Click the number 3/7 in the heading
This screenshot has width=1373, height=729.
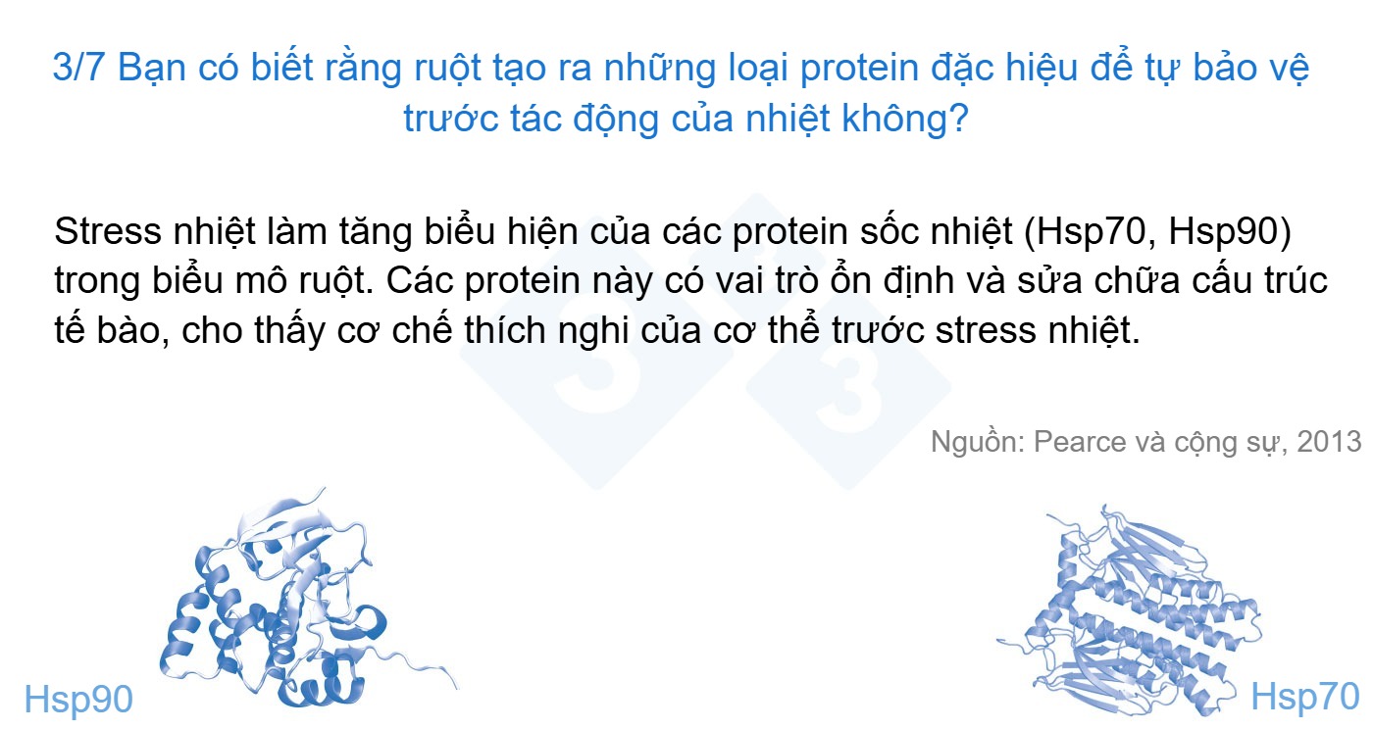[77, 67]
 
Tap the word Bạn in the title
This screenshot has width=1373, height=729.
[151, 69]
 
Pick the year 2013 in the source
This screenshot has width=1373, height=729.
[1328, 442]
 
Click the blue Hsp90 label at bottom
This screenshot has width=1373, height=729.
[78, 699]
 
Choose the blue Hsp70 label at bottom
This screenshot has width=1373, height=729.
[1305, 697]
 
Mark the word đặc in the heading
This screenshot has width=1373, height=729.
[961, 69]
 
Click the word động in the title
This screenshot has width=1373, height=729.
[615, 119]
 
